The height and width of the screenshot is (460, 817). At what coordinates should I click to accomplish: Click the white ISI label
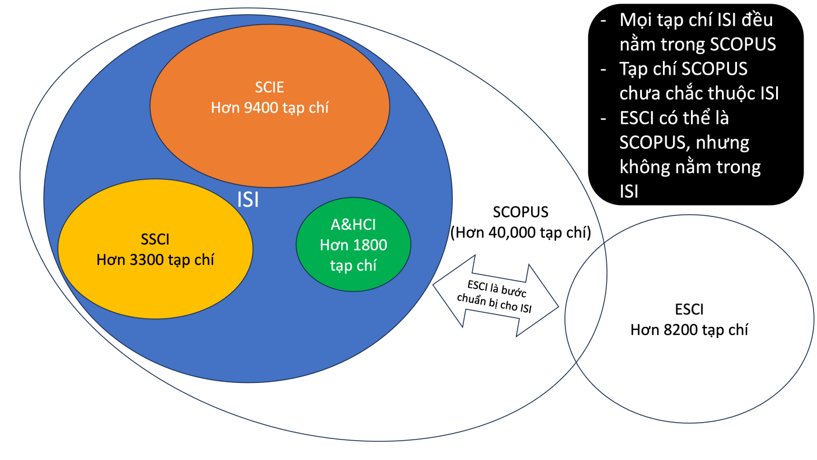248,200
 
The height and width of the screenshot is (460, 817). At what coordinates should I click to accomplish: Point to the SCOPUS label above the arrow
521,212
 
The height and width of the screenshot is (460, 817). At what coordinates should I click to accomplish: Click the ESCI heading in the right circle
689,309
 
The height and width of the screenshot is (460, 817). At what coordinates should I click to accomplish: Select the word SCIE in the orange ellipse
270,88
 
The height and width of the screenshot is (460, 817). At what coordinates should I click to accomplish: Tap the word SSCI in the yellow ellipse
155,239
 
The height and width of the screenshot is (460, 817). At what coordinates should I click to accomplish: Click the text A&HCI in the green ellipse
353,225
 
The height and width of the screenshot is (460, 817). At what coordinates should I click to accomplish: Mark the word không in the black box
641,167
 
